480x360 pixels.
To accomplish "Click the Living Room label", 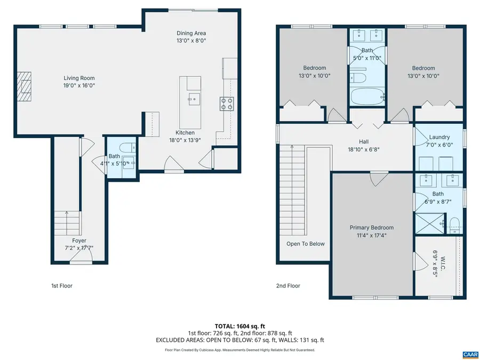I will (x=79, y=78).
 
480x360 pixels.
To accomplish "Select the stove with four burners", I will (x=227, y=103).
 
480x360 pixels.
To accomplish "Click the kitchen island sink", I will (x=194, y=98).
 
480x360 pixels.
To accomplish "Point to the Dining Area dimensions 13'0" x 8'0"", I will (x=191, y=40).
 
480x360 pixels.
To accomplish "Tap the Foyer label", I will (x=79, y=241).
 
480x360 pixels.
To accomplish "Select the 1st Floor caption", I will (x=61, y=286).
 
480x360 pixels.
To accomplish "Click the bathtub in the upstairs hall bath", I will (x=367, y=97).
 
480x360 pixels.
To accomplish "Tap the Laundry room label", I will (x=439, y=137).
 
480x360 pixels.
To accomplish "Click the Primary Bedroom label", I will (x=372, y=227).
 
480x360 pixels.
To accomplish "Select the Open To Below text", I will (x=305, y=244).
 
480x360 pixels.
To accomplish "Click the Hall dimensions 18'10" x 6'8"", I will (x=363, y=149).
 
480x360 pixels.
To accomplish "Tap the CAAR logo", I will (x=470, y=354).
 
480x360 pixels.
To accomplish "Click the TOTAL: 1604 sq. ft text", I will (x=239, y=326).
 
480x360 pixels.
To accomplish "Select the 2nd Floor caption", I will (x=288, y=286).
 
